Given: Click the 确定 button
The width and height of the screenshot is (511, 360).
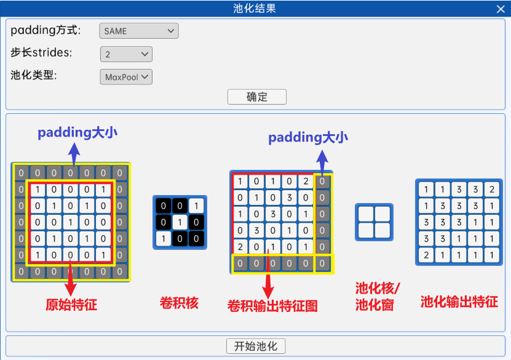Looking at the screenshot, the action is pyautogui.click(x=256, y=97).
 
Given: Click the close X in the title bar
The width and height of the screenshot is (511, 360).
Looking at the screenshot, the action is pyautogui.click(x=501, y=9).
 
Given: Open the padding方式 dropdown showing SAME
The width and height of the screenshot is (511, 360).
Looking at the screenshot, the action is pyautogui.click(x=138, y=31).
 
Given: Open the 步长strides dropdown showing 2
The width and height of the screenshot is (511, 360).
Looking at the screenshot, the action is pyautogui.click(x=126, y=54).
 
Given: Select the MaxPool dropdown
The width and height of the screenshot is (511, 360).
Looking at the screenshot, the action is pyautogui.click(x=126, y=77).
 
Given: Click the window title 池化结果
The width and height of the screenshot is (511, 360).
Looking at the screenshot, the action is pyautogui.click(x=255, y=8).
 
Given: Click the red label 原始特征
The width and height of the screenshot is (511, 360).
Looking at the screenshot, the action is pyautogui.click(x=71, y=304).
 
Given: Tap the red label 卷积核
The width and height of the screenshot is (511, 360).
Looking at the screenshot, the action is pyautogui.click(x=179, y=302).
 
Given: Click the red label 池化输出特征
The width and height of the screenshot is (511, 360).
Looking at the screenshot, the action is pyautogui.click(x=459, y=302).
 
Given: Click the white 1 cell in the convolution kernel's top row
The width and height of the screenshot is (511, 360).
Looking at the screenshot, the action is pyautogui.click(x=195, y=206).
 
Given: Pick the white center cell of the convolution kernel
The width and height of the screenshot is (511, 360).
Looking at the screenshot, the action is pyautogui.click(x=180, y=222).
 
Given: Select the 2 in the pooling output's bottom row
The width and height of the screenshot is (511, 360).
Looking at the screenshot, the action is pyautogui.click(x=426, y=254).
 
